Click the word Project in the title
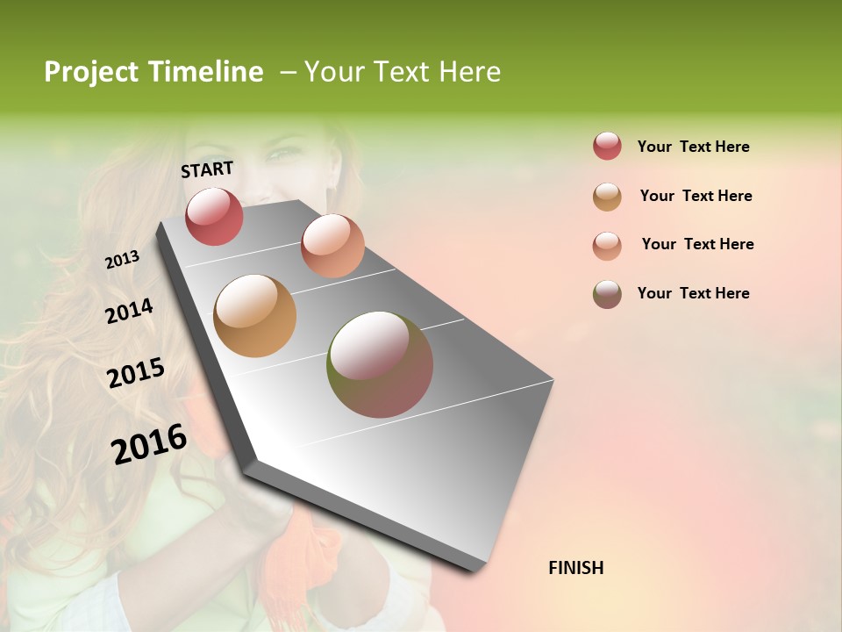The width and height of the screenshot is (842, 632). (x=92, y=72)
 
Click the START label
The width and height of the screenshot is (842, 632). (x=207, y=169)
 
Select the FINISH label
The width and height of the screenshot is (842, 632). (x=575, y=568)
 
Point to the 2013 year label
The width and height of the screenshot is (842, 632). (x=122, y=259)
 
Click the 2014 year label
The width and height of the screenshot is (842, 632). (x=129, y=311)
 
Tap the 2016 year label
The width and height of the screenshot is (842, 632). (x=149, y=443)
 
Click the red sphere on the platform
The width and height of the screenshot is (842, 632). (x=214, y=216)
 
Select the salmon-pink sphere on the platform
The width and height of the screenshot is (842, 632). (x=332, y=246)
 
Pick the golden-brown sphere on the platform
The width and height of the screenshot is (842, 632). (x=254, y=316)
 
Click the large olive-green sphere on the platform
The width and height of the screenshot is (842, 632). (x=380, y=364)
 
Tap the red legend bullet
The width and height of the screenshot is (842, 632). (x=607, y=147)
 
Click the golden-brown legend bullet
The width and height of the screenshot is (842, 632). (x=607, y=197)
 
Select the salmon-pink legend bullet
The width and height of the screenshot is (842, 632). (x=607, y=245)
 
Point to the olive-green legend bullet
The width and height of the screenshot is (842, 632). (x=607, y=294)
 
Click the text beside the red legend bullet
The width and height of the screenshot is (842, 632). (x=693, y=147)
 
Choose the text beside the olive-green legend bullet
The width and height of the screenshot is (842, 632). (x=693, y=293)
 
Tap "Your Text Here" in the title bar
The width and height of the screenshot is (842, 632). (x=403, y=72)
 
